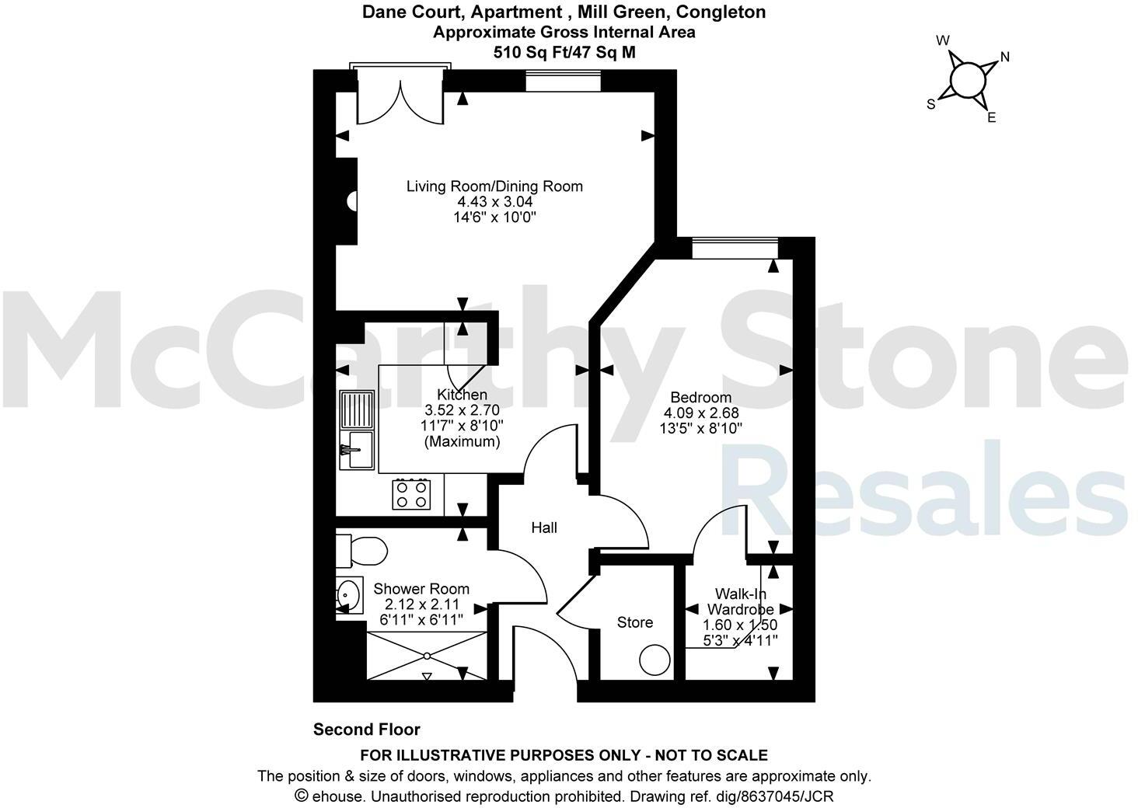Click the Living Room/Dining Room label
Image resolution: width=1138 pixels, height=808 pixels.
coord(494,186)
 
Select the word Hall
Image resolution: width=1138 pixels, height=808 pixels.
coord(544,528)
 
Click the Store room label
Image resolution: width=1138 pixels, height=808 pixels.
coord(634,622)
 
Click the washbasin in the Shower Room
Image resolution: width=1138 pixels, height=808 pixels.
coord(350,596)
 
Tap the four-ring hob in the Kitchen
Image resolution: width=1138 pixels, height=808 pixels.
coord(412,493)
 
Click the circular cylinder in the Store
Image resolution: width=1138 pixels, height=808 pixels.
coord(655,661)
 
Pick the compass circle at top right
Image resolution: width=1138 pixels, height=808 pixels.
coord(967,79)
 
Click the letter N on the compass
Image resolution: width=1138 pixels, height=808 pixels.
coord(1004,57)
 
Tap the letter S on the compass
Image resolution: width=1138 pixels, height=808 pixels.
coord(930,105)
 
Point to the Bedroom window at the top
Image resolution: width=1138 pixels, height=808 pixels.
coord(735,248)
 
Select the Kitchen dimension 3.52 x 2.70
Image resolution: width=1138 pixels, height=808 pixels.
coord(462,410)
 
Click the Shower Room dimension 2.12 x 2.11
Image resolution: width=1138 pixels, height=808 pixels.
coord(422,604)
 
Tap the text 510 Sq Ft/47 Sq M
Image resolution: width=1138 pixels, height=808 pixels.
coord(564,52)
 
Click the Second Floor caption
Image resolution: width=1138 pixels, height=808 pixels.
coord(366,730)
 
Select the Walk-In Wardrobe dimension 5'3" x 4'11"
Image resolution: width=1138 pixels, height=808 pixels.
coord(739,640)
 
